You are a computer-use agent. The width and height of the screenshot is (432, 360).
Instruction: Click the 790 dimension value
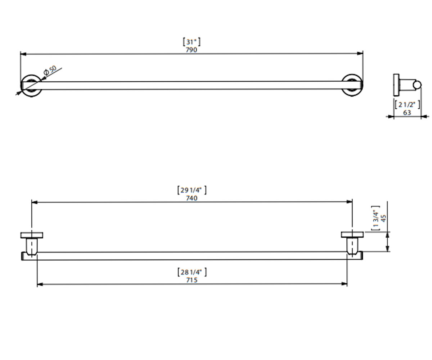click(192, 50)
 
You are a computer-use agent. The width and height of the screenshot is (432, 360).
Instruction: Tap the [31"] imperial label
click(192, 42)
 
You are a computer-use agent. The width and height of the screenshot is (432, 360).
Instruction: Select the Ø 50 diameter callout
click(50, 70)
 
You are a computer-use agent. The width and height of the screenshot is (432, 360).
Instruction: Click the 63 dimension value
click(407, 113)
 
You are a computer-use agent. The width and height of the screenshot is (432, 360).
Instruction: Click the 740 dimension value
click(192, 198)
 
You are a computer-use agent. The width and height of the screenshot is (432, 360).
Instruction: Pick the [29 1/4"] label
click(192, 190)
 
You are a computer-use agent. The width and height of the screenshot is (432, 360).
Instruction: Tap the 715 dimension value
click(192, 280)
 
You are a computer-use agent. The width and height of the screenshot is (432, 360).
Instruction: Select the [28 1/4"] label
click(192, 272)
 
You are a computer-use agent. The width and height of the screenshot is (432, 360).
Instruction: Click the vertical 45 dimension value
click(383, 219)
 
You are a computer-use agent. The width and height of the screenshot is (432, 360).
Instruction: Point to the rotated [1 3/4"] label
click(376, 218)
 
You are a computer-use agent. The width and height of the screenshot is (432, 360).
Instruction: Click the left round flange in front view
click(31, 86)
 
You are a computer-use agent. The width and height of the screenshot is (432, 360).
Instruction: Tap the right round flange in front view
click(352, 85)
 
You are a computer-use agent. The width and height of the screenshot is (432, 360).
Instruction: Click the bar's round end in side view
click(417, 85)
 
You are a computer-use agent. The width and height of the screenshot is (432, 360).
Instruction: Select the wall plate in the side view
click(396, 85)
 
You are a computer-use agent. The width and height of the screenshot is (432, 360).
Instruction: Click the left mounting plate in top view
click(32, 235)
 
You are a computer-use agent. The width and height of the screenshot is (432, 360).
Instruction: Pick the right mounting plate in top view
click(352, 234)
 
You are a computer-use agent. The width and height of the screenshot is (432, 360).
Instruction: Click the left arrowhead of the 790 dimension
click(23, 54)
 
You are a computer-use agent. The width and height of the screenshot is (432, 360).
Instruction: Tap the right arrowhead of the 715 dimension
click(344, 284)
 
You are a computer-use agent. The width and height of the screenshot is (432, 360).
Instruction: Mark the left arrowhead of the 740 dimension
click(34, 202)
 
